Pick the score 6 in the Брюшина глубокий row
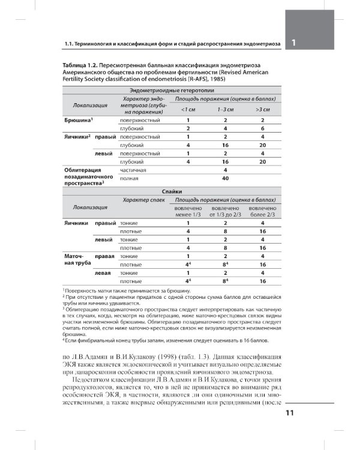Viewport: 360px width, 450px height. [x=262, y=128]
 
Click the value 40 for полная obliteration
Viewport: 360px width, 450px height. [x=225, y=178]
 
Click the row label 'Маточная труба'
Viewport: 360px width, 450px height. [x=77, y=260]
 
